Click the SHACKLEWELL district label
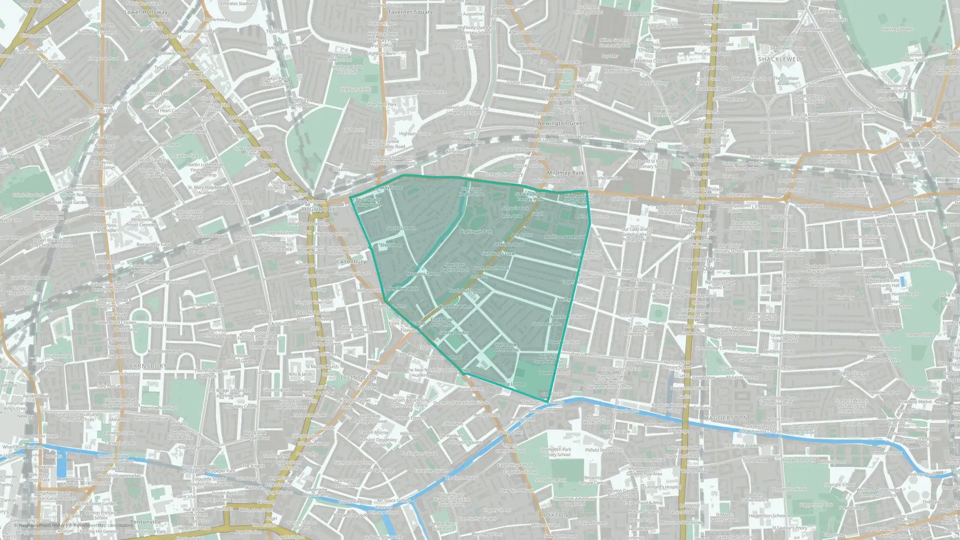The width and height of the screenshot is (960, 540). [x=780, y=59]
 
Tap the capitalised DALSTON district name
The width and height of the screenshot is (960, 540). [x=697, y=268]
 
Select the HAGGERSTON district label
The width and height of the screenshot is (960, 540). [x=726, y=418]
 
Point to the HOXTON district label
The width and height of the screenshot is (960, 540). [x=554, y=515]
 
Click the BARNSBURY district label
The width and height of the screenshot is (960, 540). [x=148, y=366]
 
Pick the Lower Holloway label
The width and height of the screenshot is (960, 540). [x=146, y=12]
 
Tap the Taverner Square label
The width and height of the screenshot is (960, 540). [x=410, y=12]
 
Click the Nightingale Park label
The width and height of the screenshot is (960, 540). [x=476, y=231]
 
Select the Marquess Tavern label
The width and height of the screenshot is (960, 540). [x=422, y=274]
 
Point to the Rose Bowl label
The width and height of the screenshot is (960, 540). [x=512, y=216]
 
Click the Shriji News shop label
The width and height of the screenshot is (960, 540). [x=391, y=245]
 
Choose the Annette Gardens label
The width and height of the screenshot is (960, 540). [x=455, y=306]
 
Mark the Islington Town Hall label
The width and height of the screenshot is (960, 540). [x=313, y=302]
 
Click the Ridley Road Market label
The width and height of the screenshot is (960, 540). [x=768, y=157]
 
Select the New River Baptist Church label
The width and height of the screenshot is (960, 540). [x=455, y=267]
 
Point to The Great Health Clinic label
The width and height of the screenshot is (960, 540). [x=471, y=192]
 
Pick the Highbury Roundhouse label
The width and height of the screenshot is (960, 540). [x=300, y=102]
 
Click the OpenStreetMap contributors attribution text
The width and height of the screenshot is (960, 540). [x=103, y=525]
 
